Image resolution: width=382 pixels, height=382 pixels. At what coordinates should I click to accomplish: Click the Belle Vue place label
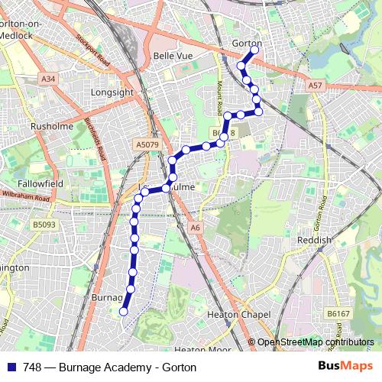pyautogui.click(x=172, y=56)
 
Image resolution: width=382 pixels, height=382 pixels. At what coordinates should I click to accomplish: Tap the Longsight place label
pyautogui.click(x=112, y=92)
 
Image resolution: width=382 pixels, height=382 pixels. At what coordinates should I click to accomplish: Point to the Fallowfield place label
pyautogui.click(x=40, y=174)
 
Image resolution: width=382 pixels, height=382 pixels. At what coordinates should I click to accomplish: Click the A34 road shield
pyautogui.click(x=49, y=79)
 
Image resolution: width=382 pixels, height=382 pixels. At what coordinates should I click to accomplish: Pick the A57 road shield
pyautogui.click(x=316, y=86)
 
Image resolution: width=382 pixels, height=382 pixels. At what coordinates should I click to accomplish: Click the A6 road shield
pyautogui.click(x=196, y=227)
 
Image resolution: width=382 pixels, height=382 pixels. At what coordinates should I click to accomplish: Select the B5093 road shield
pyautogui.click(x=44, y=225)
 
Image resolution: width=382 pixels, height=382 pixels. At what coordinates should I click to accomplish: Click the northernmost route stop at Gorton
pyautogui.click(x=254, y=50)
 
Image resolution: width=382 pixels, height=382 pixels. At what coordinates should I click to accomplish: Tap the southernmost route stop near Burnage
pyautogui.click(x=124, y=311)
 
